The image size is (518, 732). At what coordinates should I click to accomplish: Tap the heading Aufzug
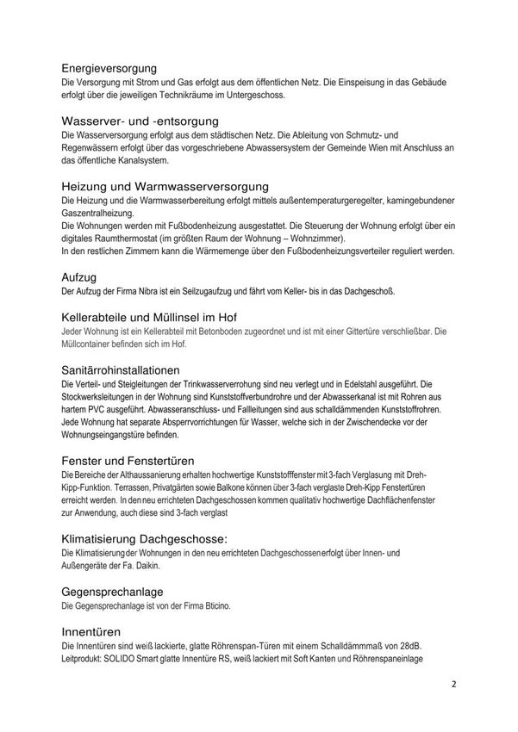(83, 276)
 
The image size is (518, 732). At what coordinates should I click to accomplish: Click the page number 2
(453, 686)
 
